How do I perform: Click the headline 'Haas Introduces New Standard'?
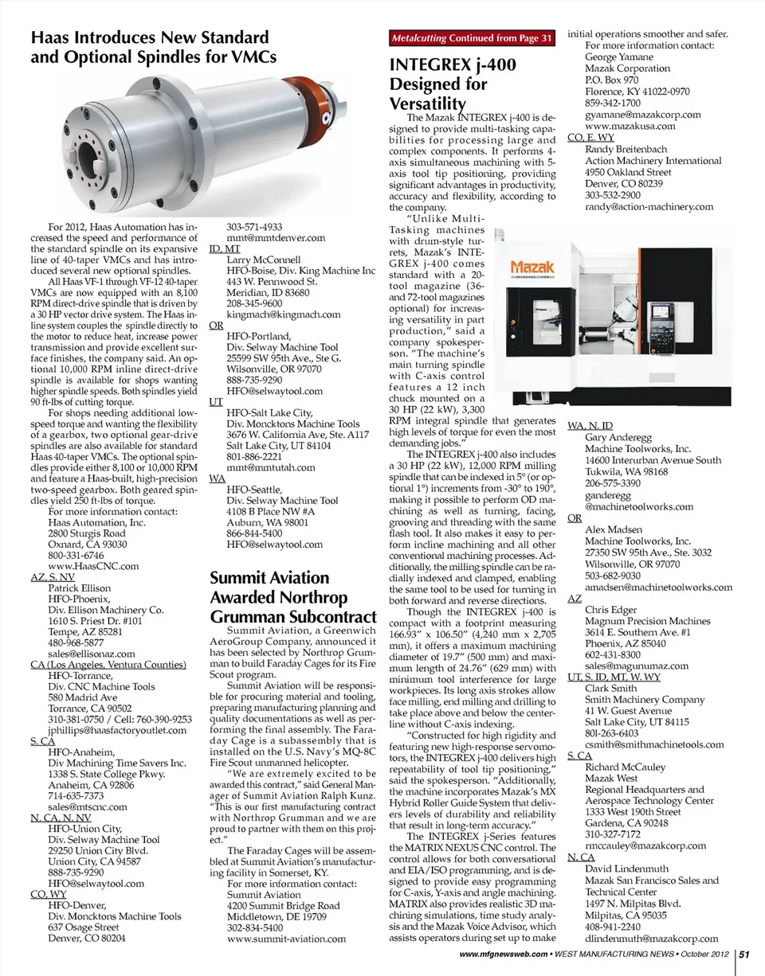coord(149,37)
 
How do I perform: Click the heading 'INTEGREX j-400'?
coord(452,65)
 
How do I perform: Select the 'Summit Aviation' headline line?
coord(269,577)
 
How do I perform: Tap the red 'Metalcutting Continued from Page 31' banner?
coord(472,38)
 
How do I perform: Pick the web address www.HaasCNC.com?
coord(93,566)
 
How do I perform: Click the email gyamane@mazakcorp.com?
coord(642,115)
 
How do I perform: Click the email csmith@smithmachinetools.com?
coord(654,744)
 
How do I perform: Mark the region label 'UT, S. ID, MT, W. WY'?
coord(614,677)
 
